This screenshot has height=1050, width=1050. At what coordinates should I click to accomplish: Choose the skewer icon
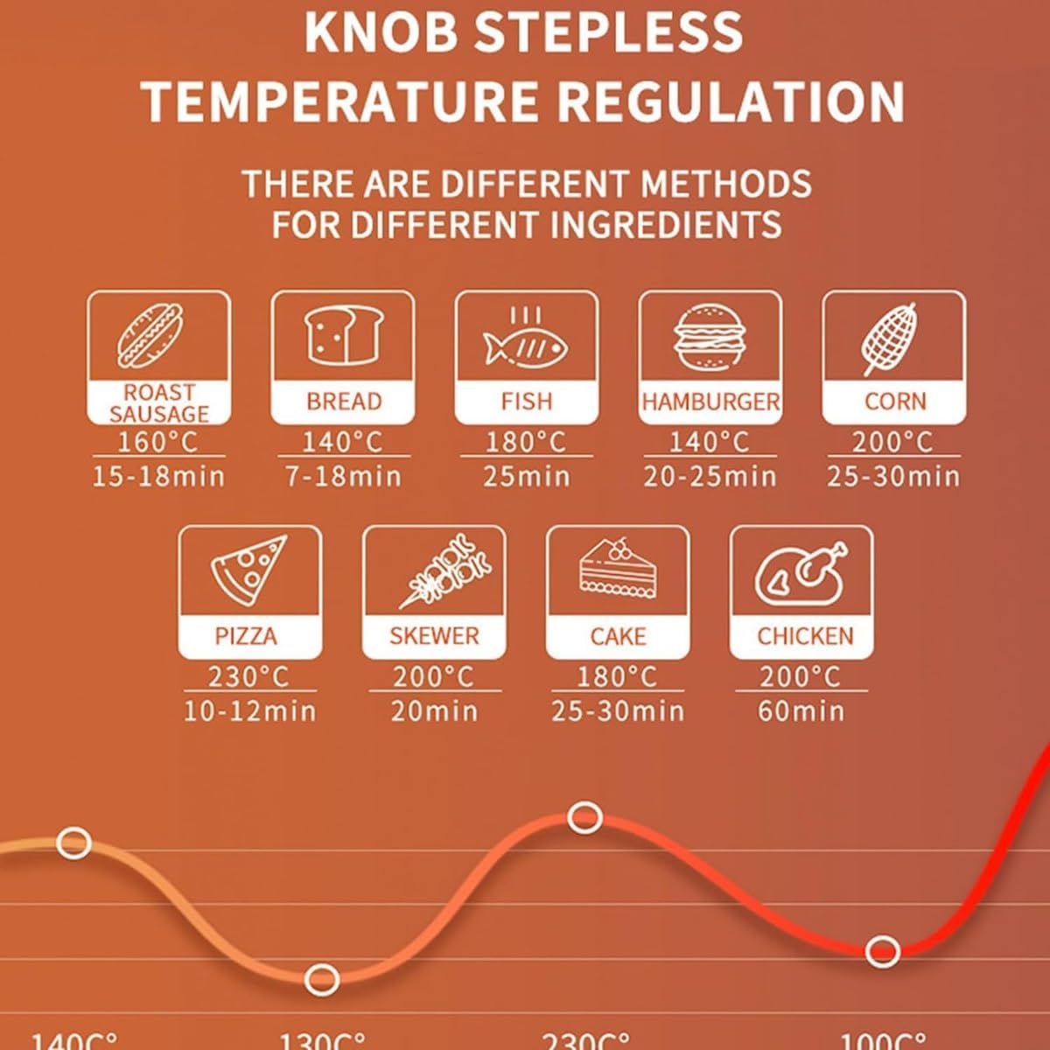click(444, 569)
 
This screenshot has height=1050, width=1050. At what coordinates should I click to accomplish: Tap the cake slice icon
click(618, 569)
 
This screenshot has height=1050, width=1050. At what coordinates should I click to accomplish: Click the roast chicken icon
click(801, 572)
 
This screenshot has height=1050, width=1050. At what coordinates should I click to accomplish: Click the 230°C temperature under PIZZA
click(248, 677)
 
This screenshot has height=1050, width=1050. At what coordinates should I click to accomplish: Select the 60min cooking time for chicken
click(801, 710)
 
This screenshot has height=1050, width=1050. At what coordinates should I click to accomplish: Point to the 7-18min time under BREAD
click(343, 476)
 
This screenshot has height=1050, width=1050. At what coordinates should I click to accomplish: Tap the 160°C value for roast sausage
click(158, 442)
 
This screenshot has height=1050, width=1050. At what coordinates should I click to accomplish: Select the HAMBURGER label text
click(710, 402)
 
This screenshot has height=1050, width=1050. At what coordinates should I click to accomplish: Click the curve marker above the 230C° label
click(584, 818)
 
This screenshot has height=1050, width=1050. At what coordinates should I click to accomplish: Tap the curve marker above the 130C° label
click(323, 978)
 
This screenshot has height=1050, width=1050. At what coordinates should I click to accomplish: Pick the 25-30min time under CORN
click(893, 476)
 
